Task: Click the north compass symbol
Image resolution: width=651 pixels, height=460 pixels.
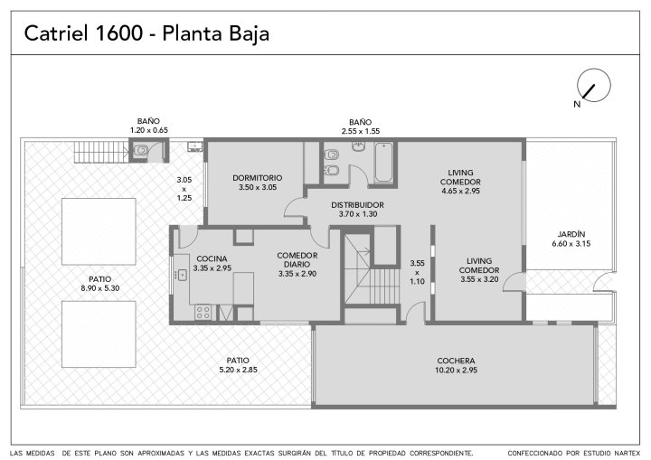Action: pyautogui.click(x=594, y=85)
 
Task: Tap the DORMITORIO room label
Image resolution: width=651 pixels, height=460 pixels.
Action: pyautogui.click(x=258, y=178)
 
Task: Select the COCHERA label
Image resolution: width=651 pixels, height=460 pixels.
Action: pyautogui.click(x=456, y=361)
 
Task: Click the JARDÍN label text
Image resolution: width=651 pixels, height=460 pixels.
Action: pyautogui.click(x=571, y=234)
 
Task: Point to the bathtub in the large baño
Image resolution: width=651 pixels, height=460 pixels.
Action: pyautogui.click(x=383, y=163)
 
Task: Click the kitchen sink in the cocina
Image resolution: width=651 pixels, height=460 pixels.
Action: pyautogui.click(x=183, y=275)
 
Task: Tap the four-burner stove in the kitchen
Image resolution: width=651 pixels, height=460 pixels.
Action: pyautogui.click(x=203, y=312)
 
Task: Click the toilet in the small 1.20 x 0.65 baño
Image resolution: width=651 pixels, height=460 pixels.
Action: pyautogui.click(x=140, y=150)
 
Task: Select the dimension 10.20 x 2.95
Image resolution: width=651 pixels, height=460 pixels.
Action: pyautogui.click(x=456, y=371)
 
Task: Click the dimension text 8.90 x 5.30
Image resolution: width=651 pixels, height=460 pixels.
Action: pyautogui.click(x=100, y=288)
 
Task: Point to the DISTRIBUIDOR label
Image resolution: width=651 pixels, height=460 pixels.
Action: pyautogui.click(x=357, y=205)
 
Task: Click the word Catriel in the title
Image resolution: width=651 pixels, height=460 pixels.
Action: pyautogui.click(x=56, y=33)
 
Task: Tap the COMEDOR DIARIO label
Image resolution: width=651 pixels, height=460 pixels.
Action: pyautogui.click(x=297, y=260)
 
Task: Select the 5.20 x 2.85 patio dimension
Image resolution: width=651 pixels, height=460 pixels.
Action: pyautogui.click(x=238, y=370)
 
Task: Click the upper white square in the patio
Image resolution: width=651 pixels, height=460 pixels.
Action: pyautogui.click(x=99, y=231)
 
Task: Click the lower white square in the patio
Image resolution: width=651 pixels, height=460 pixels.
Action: pyautogui.click(x=99, y=334)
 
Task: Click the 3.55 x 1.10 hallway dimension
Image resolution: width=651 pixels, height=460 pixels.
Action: pyautogui.click(x=417, y=272)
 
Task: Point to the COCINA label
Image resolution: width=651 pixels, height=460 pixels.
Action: pyautogui.click(x=212, y=259)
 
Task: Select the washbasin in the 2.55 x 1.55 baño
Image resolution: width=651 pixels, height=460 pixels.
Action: pyautogui.click(x=359, y=146)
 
